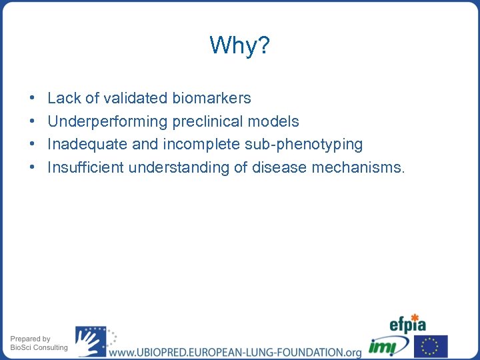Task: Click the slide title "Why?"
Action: [239, 45]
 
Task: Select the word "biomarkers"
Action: [211, 98]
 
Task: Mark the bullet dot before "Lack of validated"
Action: [33, 99]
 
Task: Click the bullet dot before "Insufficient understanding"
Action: [33, 168]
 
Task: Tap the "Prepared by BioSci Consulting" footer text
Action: [39, 343]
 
